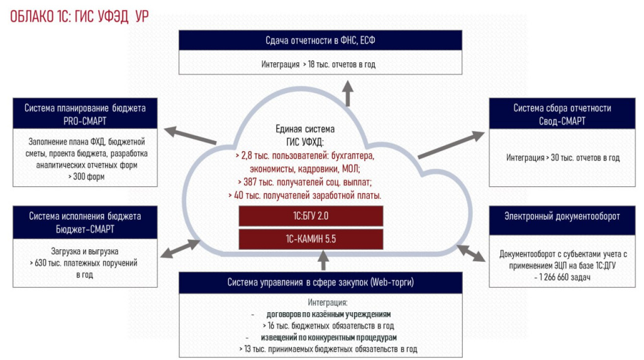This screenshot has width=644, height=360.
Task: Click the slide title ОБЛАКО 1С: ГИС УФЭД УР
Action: click(x=79, y=16)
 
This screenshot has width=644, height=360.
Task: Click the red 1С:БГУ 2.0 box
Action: click(x=311, y=216)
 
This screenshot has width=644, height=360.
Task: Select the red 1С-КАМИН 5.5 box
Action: click(x=311, y=239)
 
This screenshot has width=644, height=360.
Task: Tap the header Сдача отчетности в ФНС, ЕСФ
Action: click(x=320, y=40)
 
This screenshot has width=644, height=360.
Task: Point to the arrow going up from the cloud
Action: click(x=348, y=93)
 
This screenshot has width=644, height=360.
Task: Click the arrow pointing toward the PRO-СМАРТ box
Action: click(x=190, y=135)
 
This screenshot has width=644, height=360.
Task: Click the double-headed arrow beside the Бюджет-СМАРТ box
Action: click(x=180, y=249)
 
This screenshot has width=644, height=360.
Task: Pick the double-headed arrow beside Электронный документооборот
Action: click(x=471, y=253)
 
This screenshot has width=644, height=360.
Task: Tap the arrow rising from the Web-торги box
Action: click(x=324, y=260)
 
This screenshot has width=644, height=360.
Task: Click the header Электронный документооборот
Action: click(x=562, y=217)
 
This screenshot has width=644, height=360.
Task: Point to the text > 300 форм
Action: click(x=86, y=177)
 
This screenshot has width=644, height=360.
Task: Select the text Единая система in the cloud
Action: click(x=305, y=129)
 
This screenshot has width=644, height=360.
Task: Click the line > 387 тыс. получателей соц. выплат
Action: click(x=304, y=182)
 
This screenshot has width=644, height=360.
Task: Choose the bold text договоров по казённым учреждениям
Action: click(x=328, y=315)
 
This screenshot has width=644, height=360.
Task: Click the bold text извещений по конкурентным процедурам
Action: click(x=329, y=338)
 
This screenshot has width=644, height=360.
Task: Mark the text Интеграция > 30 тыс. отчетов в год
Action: click(x=563, y=158)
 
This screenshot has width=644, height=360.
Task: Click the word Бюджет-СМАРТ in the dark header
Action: click(x=85, y=229)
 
